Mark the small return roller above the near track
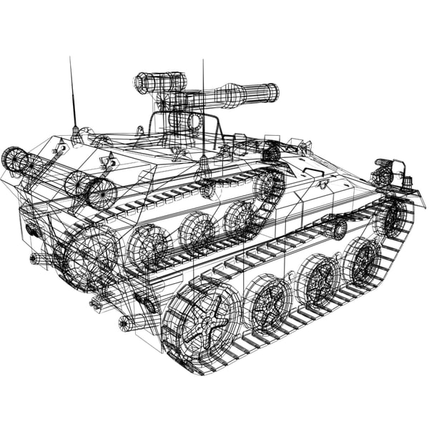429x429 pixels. pos(335,229)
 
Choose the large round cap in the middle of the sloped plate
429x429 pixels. pos(101,192)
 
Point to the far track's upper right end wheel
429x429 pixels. pos(267,185)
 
